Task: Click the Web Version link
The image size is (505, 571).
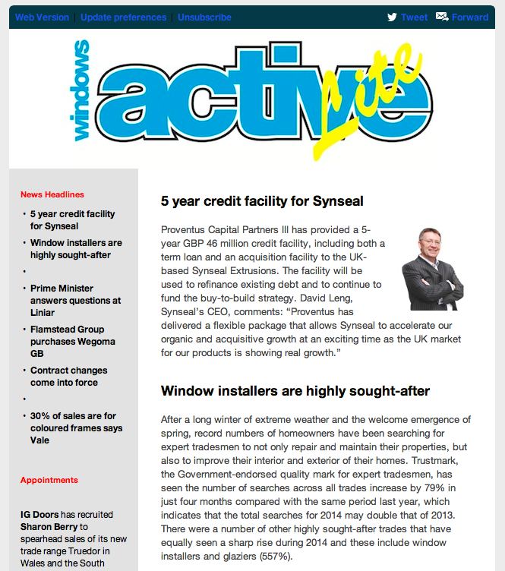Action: (42, 17)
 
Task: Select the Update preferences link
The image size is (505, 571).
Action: (123, 17)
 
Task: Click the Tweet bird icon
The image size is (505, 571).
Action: (392, 17)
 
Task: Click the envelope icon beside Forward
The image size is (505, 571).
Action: (442, 17)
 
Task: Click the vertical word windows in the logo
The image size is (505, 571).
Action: (80, 89)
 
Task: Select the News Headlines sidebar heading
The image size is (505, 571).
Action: (52, 194)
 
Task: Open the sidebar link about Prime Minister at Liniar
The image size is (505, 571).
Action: (75, 300)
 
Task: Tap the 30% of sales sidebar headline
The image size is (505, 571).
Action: (76, 427)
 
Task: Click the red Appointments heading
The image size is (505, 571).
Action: (49, 480)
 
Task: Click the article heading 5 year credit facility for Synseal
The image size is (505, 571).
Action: (262, 201)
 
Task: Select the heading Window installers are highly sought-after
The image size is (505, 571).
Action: (295, 391)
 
